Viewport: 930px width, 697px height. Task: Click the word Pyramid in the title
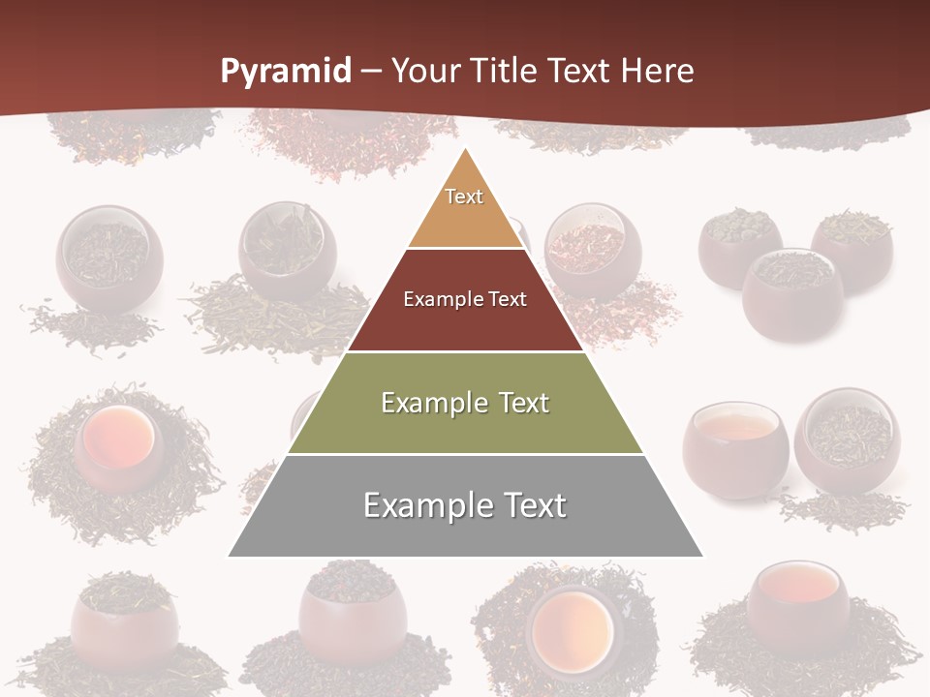[285, 72]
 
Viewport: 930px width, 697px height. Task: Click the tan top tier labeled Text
[464, 208]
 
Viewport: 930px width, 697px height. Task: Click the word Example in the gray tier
[423, 505]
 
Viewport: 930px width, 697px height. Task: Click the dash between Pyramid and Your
[371, 72]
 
